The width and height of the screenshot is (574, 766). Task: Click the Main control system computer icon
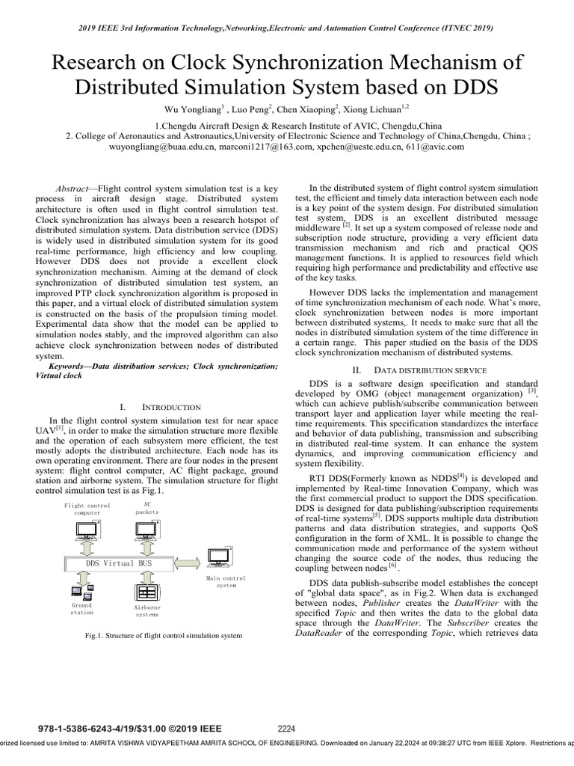[220, 558]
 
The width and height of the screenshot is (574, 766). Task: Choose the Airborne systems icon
[146, 592]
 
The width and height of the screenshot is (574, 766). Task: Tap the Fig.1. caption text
[163, 636]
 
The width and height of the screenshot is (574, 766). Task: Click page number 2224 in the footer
[287, 728]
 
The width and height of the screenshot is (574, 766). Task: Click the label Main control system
[225, 582]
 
